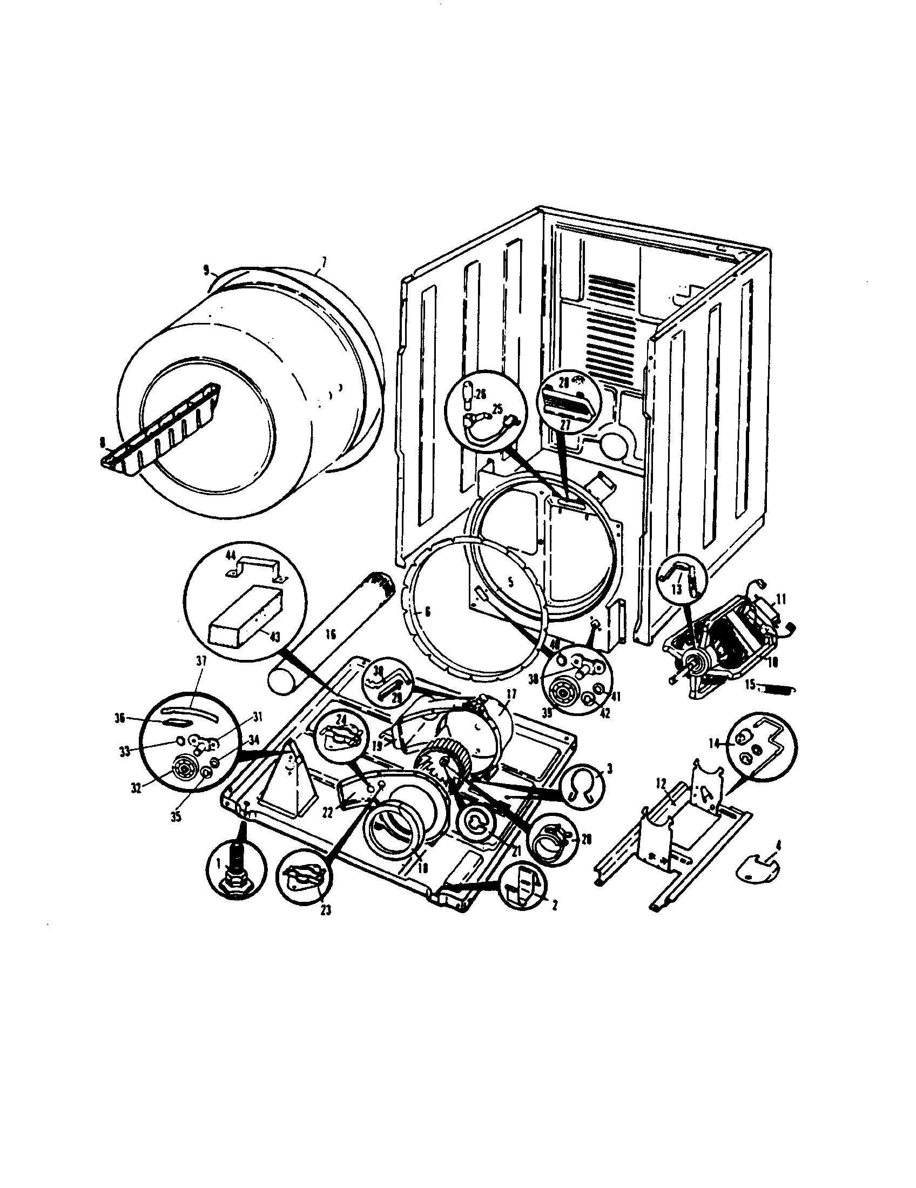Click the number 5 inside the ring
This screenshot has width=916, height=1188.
pyautogui.click(x=510, y=582)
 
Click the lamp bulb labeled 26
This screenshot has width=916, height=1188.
pyautogui.click(x=467, y=394)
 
